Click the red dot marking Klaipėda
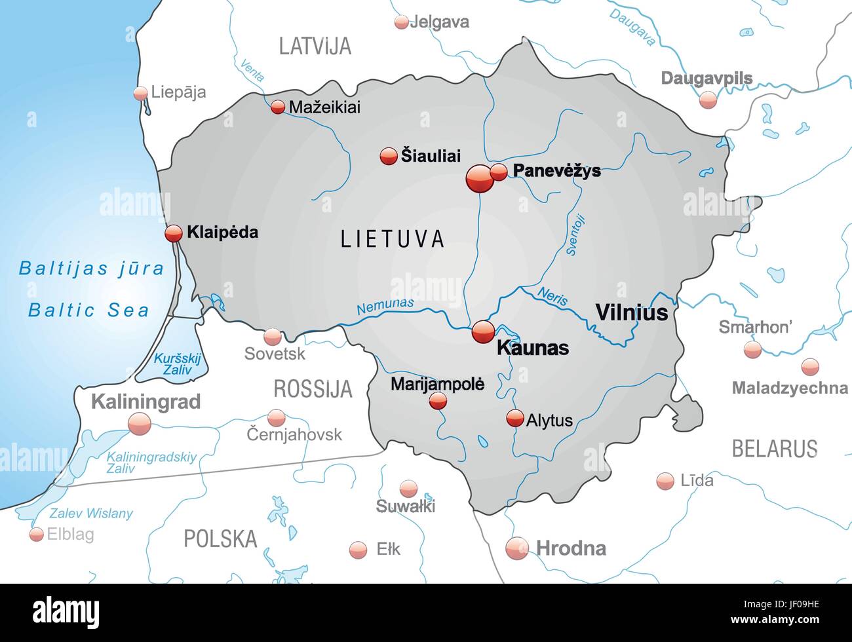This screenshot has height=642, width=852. coord(174,233)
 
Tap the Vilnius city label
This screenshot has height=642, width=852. coord(631,312)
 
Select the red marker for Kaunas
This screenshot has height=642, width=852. coord(484,331)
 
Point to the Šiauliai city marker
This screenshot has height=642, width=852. coord(389,156)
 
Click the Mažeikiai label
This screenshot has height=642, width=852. coord(324,107)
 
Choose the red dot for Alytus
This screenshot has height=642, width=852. coord(515,418)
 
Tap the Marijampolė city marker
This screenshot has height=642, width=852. coord(438,401)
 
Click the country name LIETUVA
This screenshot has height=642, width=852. coord(393,238)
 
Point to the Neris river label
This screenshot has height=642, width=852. coord(552,296)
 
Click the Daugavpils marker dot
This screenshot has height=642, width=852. coord(708,100)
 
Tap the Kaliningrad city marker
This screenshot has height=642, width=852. coord(140,425)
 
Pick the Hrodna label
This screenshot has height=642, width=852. coord(571,548)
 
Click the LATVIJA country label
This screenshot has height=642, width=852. coord(315,46)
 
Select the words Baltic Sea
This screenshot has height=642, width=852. coord(89,311)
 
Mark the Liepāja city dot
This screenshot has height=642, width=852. coord(140,93)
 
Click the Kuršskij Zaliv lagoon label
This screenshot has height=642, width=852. coord(177,364)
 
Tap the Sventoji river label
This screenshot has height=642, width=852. coord(575,235)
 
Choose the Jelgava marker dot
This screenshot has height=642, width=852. coord(401,22)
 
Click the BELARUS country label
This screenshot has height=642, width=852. coord(774,449)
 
